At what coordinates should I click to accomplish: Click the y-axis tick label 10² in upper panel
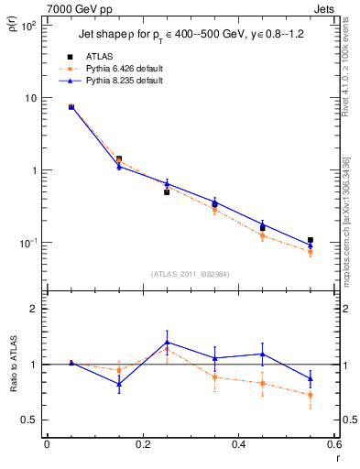(27, 26)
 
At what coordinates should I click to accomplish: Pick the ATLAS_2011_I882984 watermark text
(190, 273)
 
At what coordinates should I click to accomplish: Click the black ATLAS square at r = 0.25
(167, 192)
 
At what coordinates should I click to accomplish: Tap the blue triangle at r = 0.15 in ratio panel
(119, 384)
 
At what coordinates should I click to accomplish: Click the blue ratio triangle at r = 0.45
(263, 354)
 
